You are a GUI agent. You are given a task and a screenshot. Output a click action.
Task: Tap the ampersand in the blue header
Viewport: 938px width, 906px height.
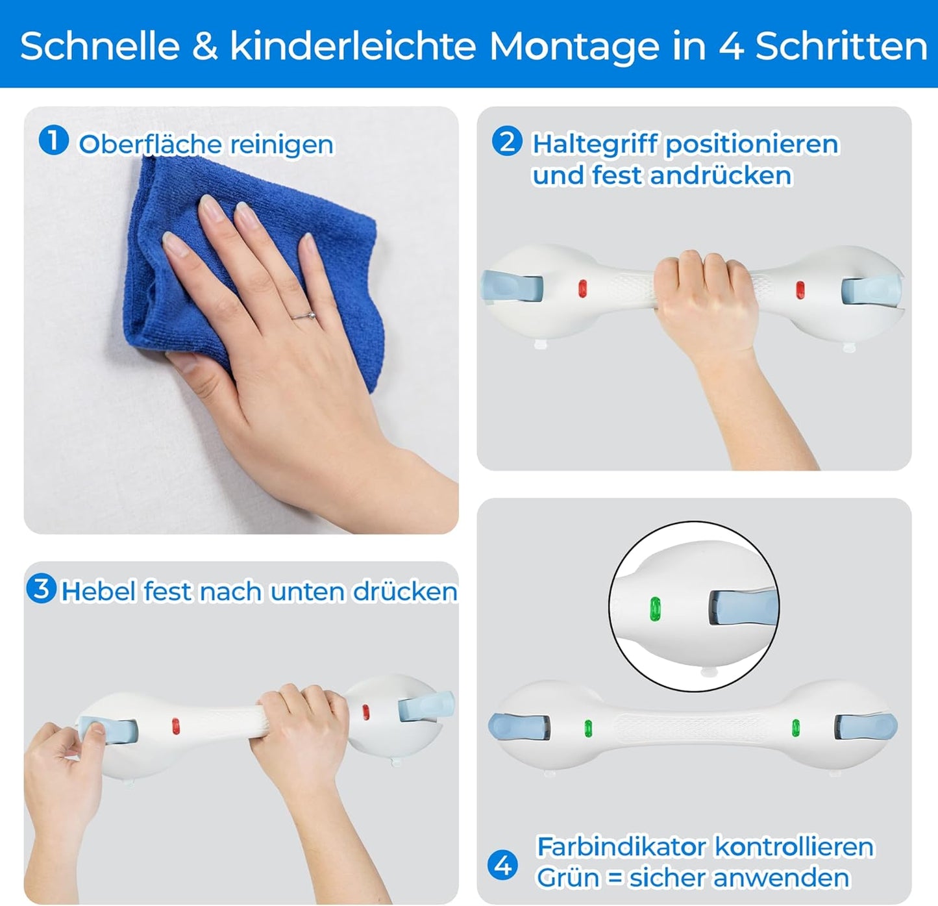coord(205,47)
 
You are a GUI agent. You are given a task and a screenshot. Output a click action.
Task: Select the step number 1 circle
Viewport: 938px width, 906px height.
coord(53,140)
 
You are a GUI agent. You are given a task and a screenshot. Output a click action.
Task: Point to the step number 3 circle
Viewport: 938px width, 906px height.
coord(42,588)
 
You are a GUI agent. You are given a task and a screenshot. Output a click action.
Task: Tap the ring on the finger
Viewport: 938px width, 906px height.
coord(303,316)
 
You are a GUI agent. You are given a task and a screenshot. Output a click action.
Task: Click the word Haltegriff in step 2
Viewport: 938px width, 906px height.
coord(595,144)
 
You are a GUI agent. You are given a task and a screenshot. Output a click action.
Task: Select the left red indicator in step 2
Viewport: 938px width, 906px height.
coord(582,288)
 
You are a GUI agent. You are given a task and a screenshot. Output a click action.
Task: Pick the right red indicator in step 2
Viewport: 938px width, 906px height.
coord(800,290)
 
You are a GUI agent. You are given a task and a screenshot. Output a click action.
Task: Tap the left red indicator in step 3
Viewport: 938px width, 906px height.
coord(176,726)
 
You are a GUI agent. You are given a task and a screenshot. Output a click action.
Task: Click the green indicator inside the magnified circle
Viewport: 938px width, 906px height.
coord(655,609)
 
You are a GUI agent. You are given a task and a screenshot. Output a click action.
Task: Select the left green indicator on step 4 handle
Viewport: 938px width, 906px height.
coord(588,728)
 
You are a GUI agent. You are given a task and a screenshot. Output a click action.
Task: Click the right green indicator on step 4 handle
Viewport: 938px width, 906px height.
coord(796,727)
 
